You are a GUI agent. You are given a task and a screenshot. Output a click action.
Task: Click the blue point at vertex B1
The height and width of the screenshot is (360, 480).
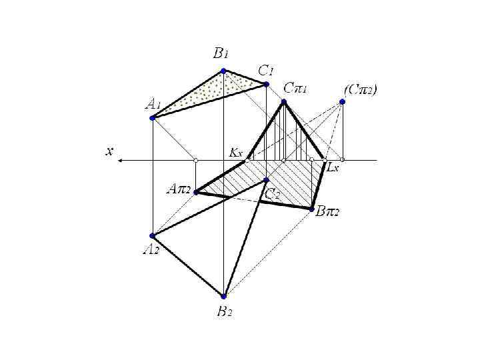pyautogui.click(x=224, y=71)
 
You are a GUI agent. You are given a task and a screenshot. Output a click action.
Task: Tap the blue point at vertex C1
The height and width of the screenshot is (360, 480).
pyautogui.click(x=266, y=84)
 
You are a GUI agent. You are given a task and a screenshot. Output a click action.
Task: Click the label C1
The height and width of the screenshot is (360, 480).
pyautogui.click(x=267, y=69)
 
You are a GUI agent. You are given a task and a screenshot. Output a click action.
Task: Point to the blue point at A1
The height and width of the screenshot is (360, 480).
pyautogui.click(x=153, y=118)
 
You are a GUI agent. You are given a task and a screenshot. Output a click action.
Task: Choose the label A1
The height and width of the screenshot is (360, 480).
pyautogui.click(x=153, y=104)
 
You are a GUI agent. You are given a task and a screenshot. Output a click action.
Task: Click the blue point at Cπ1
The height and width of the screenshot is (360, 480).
pyautogui.click(x=283, y=101)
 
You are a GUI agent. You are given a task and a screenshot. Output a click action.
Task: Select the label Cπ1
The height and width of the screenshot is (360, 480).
pyautogui.click(x=295, y=87)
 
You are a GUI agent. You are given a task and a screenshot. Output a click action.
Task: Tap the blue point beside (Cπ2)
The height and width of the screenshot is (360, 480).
pyautogui.click(x=342, y=101)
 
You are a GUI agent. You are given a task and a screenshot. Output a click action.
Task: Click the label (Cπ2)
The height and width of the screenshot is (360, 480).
pyautogui.click(x=360, y=88)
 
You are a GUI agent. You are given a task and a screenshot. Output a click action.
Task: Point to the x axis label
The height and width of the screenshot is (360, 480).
pyautogui.click(x=109, y=151)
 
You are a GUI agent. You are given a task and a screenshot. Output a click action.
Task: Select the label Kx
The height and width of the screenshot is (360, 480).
pyautogui.click(x=236, y=152)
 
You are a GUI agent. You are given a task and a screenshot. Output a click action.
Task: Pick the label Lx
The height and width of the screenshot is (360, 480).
pyautogui.click(x=333, y=168)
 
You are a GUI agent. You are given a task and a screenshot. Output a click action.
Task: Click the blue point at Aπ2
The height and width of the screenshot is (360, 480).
pyautogui.click(x=195, y=192)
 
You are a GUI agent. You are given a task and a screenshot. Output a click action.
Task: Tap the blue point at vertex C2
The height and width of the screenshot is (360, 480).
pyautogui.click(x=266, y=180)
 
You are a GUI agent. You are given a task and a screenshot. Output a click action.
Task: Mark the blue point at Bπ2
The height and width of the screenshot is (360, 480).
pyautogui.click(x=312, y=209)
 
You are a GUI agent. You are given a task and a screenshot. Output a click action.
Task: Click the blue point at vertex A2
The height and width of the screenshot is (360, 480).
pyautogui.click(x=153, y=235)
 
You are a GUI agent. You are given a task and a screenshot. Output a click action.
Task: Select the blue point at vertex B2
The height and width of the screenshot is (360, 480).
pyautogui.click(x=224, y=296)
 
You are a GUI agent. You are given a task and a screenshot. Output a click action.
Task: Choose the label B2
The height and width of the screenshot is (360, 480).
pyautogui.click(x=225, y=311)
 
